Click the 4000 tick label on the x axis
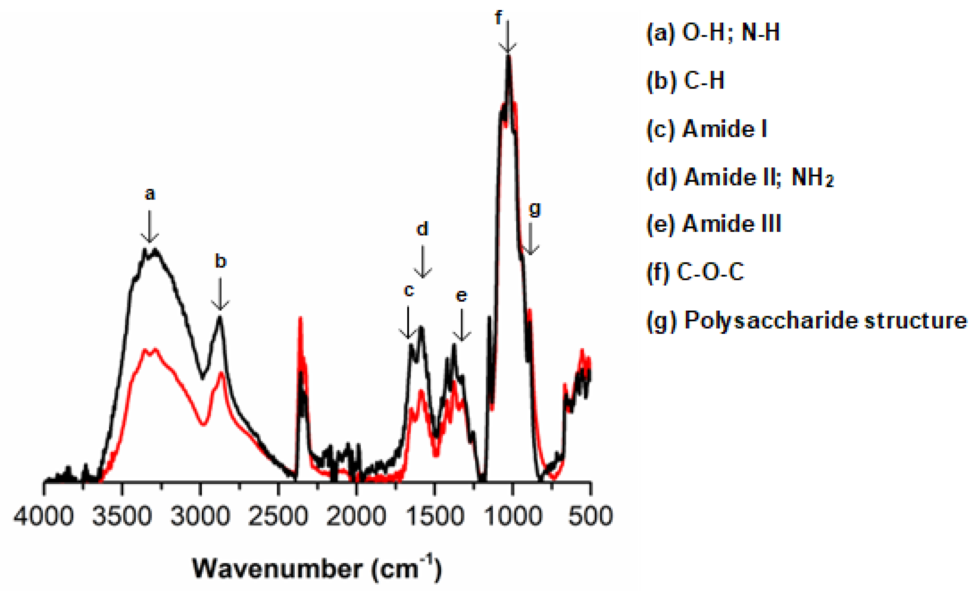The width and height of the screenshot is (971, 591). [44, 516]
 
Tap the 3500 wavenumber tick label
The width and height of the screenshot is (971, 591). [122, 516]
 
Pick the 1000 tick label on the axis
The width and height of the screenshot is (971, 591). [512, 516]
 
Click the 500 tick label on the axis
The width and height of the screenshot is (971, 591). [590, 516]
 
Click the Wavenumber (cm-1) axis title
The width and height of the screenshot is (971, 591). [317, 569]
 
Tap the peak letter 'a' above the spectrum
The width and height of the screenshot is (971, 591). [150, 194]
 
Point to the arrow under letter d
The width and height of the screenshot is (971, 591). [423, 261]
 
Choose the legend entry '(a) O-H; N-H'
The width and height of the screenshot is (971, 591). [713, 32]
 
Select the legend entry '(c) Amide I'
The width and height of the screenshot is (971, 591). [707, 129]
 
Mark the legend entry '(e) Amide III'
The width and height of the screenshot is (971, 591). [713, 224]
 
